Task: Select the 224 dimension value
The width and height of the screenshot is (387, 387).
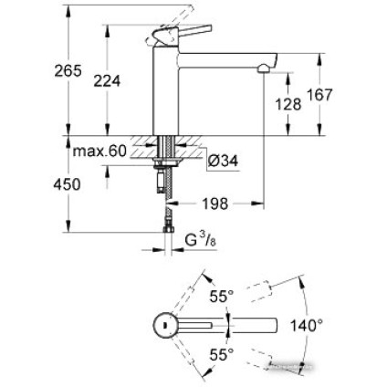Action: tap(107, 81)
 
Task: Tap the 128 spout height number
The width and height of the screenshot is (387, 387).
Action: tap(288, 103)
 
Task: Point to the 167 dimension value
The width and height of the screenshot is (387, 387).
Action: tap(319, 94)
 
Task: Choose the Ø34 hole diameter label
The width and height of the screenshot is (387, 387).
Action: tap(223, 161)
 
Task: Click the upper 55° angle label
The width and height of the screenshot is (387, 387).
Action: tap(222, 296)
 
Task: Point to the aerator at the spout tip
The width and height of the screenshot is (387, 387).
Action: tap(265, 67)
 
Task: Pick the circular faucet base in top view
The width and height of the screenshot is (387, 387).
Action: tap(165, 325)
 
